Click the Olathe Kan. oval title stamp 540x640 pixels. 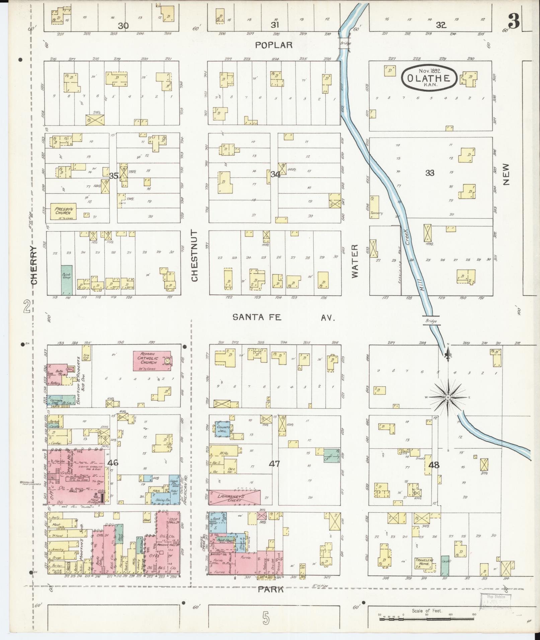click(x=430, y=78)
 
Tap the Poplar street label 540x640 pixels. click(x=274, y=45)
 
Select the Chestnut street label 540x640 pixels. click(x=195, y=256)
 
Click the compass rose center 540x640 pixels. click(x=448, y=397)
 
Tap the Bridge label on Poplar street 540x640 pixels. click(x=345, y=43)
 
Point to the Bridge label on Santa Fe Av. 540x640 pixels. click(x=431, y=321)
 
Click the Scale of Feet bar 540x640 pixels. click(x=427, y=619)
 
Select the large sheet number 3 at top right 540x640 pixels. click(x=514, y=21)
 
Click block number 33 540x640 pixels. click(x=430, y=173)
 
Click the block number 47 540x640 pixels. click(x=275, y=464)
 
